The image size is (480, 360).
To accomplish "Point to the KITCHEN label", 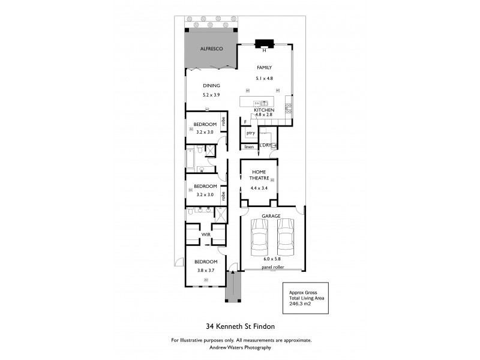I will click(x=264, y=111).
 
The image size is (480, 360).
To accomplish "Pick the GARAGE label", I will click(x=271, y=215).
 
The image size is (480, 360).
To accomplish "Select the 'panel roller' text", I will click(x=272, y=268).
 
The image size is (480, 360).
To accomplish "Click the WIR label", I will click(x=205, y=234).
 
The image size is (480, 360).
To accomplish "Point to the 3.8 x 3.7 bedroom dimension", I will click(x=205, y=271).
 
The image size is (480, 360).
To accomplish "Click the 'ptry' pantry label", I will click(x=250, y=133).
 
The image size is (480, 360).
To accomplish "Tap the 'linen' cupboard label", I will click(x=249, y=146).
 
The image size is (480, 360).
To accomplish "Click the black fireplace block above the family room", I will click(x=264, y=43).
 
